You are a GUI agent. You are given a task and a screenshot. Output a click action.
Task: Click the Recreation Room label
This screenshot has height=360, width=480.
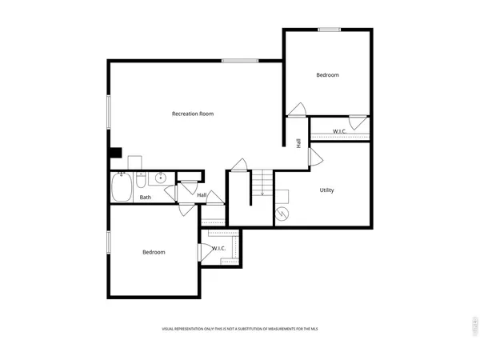(193, 114)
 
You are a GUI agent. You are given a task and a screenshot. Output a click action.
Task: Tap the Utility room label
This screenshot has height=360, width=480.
(326, 190)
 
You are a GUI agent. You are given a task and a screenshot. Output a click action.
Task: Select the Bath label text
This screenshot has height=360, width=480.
(146, 198)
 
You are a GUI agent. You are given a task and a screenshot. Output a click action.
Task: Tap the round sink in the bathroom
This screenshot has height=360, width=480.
(160, 178)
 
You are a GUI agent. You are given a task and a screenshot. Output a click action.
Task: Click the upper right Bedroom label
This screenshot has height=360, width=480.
(327, 75)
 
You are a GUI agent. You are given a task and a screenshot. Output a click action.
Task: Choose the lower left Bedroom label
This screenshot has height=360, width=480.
(154, 253)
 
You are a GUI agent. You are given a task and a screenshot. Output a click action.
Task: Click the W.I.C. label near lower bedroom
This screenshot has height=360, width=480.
(218, 249)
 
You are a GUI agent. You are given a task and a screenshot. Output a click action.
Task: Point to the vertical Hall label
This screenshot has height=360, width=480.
(298, 143)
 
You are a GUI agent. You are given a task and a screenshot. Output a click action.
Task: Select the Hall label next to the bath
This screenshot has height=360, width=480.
(202, 195)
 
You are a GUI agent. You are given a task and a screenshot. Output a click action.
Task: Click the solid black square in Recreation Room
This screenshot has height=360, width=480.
(115, 153)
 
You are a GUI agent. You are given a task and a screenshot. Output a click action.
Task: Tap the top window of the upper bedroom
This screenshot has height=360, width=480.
(329, 30)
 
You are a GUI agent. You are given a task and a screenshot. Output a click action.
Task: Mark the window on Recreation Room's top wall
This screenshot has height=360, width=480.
(239, 60)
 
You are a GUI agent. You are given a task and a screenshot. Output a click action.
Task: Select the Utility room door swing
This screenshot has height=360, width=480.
(315, 157)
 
